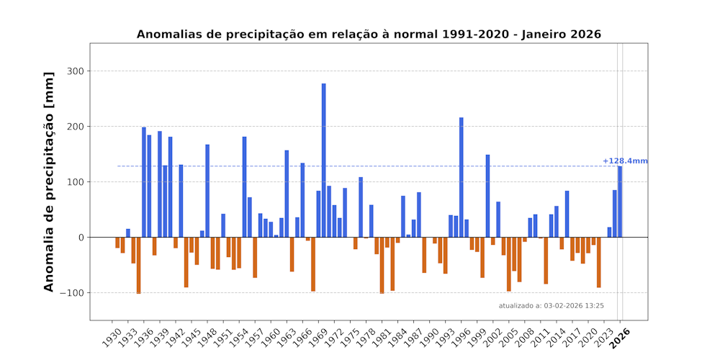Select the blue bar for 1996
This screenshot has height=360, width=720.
pyautogui.click(x=462, y=177)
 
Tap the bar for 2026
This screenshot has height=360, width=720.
pyautogui.click(x=620, y=202)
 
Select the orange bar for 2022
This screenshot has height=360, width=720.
pyautogui.click(x=599, y=262)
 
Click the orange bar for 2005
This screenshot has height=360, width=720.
pyautogui.click(x=509, y=264)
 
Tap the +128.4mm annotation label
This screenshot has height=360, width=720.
pyautogui.click(x=625, y=161)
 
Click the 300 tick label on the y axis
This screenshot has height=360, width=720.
pyautogui.click(x=76, y=71)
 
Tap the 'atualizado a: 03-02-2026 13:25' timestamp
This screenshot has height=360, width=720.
pyautogui.click(x=552, y=306)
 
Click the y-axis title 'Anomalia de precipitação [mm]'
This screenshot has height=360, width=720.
pyautogui.click(x=49, y=181)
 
